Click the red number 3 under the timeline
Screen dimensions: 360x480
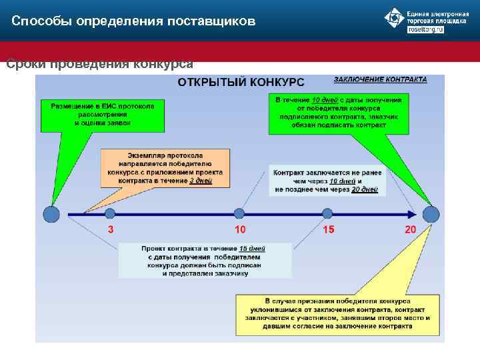pyautogui.click(x=111, y=229)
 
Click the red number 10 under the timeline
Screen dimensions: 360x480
pyautogui.click(x=240, y=229)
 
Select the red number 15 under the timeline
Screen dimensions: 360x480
pyautogui.click(x=329, y=229)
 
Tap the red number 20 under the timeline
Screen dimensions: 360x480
pyautogui.click(x=410, y=229)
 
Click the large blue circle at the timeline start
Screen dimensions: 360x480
pyautogui.click(x=51, y=214)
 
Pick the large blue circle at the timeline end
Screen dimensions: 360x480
pyautogui.click(x=431, y=214)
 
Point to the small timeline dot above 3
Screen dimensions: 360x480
pyautogui.click(x=110, y=213)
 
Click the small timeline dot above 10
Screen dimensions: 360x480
pyautogui.click(x=239, y=213)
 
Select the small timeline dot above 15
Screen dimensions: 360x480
pyautogui.click(x=327, y=213)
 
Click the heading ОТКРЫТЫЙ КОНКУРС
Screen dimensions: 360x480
pyautogui.click(x=241, y=82)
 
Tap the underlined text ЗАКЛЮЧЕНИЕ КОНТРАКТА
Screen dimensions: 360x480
pyautogui.click(x=380, y=79)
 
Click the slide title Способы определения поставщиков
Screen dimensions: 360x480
pyautogui.click(x=133, y=21)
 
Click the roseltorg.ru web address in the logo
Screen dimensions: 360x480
pyautogui.click(x=425, y=30)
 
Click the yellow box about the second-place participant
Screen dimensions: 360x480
pyautogui.click(x=336, y=313)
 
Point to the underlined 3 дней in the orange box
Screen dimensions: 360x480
pyautogui.click(x=199, y=181)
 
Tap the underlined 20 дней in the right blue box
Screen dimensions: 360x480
pyautogui.click(x=364, y=189)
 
